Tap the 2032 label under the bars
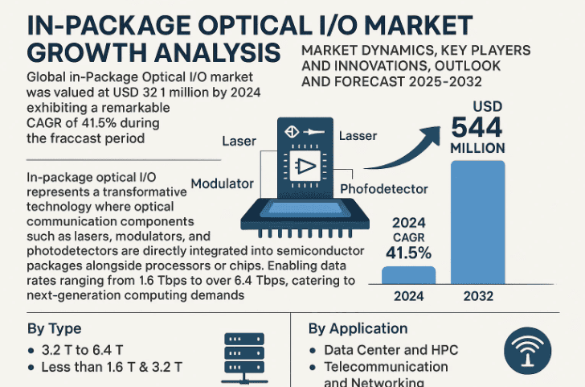(x=478, y=295)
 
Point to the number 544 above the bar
(x=477, y=127)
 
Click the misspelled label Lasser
(x=358, y=137)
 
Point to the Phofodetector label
(x=384, y=189)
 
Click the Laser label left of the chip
(x=239, y=142)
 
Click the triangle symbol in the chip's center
(x=305, y=167)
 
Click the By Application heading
(x=358, y=328)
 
